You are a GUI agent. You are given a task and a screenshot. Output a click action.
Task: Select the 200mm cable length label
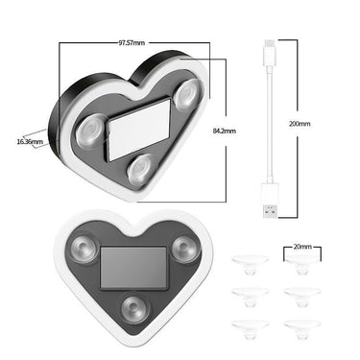pos(300,124)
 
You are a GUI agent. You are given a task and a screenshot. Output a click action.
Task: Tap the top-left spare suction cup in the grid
pos(250,264)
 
